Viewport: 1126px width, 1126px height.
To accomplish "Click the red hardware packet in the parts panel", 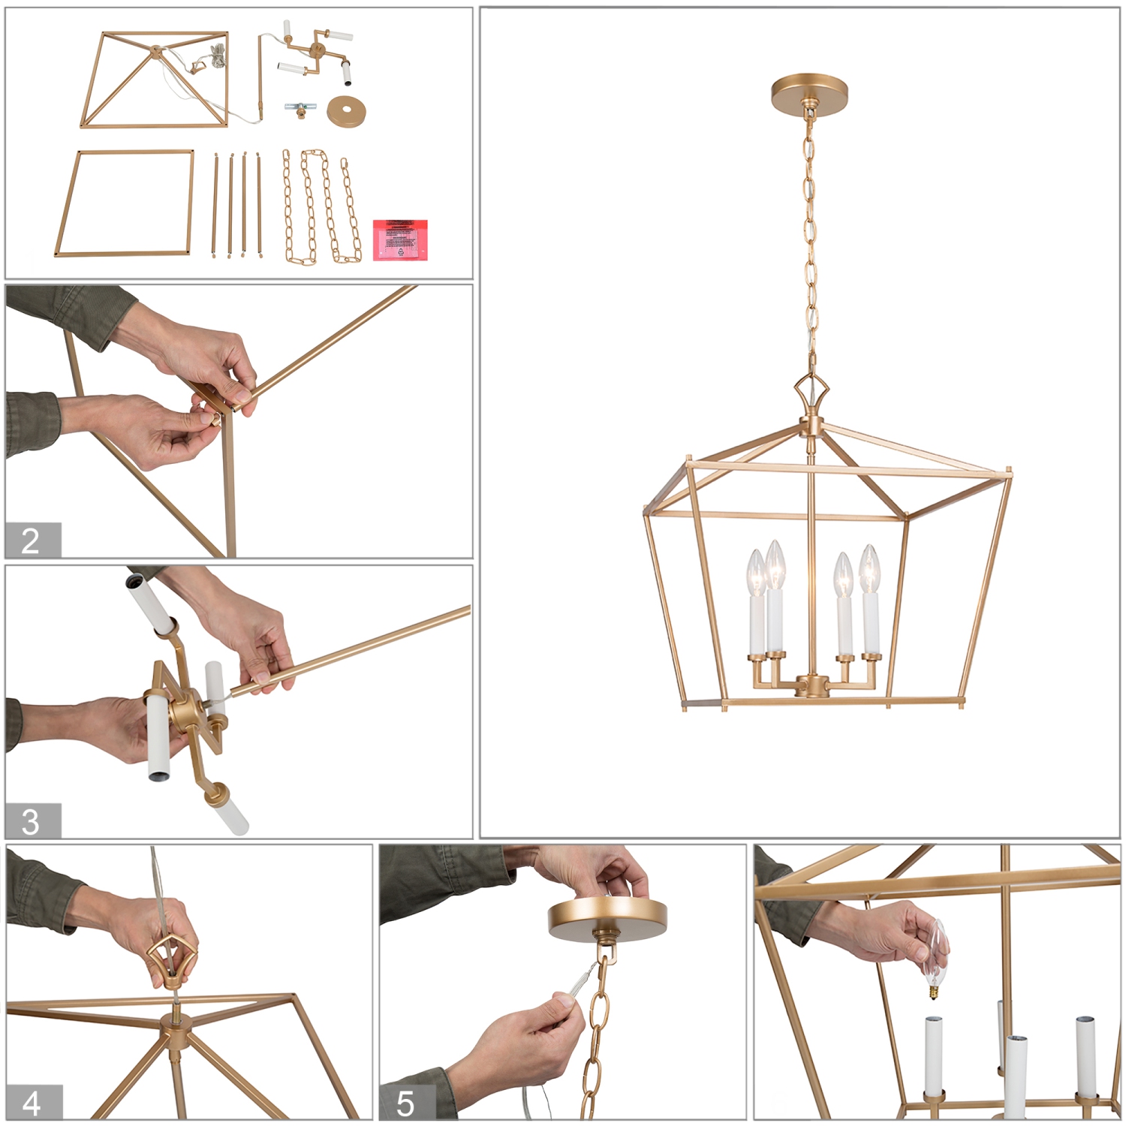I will tap(400, 240).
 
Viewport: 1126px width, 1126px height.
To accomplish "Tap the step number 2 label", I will tap(32, 540).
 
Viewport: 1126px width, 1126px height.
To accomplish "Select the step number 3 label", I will tap(32, 821).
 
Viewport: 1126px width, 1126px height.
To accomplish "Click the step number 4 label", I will tap(32, 1103).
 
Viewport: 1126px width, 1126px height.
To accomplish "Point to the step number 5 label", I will tap(406, 1103).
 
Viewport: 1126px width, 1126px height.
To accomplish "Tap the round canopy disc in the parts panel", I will tap(346, 112).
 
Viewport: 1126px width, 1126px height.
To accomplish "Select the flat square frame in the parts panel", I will tap(125, 203).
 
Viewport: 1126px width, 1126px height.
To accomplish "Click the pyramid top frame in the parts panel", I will tap(155, 79).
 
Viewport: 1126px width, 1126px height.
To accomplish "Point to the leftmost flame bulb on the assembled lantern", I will tap(756, 574).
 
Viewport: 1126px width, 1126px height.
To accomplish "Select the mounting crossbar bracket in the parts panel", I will tap(300, 110).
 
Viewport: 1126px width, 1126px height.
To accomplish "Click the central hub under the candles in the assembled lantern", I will tap(811, 685).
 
